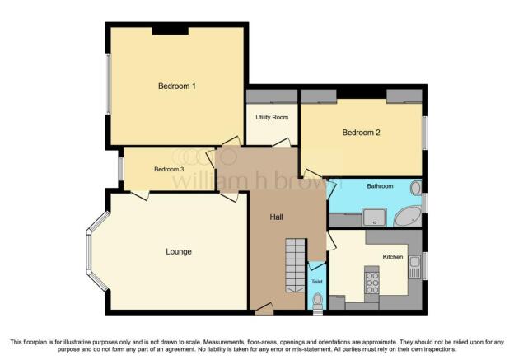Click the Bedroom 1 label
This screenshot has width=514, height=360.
pyautogui.click(x=177, y=86)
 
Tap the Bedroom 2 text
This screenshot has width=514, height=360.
pyautogui.click(x=361, y=133)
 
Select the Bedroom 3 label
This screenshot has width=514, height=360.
pyautogui.click(x=169, y=170)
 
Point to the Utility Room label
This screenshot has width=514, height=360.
pyautogui.click(x=272, y=118)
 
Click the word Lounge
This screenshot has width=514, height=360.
pyautogui.click(x=178, y=251)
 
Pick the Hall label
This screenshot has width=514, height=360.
pyautogui.click(x=278, y=217)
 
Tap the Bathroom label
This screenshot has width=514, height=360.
pyautogui.click(x=380, y=186)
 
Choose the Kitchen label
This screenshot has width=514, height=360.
pyautogui.click(x=392, y=257)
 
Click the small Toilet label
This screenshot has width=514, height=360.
pyautogui.click(x=317, y=282)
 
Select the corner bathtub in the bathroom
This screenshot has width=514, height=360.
pyautogui.click(x=406, y=217)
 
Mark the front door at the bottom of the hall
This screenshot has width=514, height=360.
pyautogui.click(x=264, y=309)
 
